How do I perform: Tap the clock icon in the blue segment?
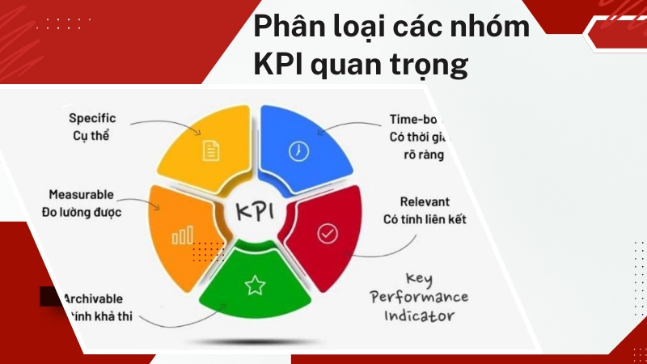coord(298,150)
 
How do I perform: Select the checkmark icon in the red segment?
coord(327,234)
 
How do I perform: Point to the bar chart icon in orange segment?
coord(183,235)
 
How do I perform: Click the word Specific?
coord(92,119)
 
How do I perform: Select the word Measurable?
coord(81,196)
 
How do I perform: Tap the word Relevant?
coord(425,201)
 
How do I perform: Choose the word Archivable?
coord(95,298)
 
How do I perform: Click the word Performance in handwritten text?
coord(419,298)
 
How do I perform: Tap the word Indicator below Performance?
coord(420,316)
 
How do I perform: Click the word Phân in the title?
coord(284,27)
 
